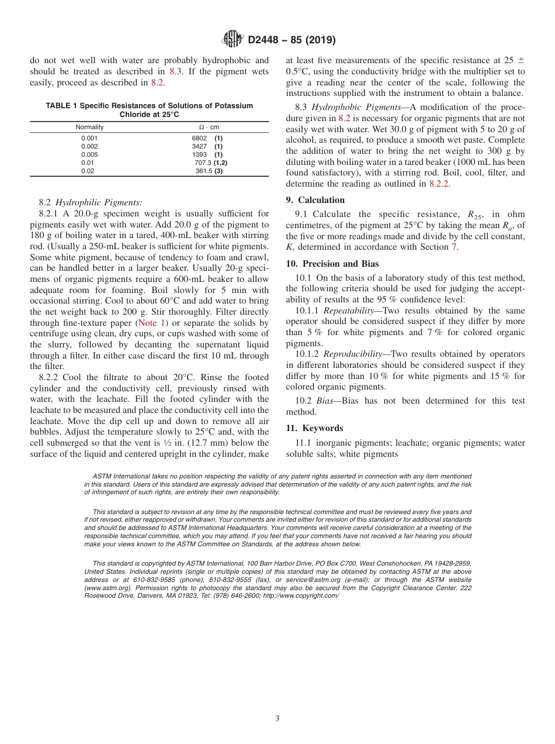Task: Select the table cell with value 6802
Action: [x=199, y=138]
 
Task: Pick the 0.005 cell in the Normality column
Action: [x=89, y=154]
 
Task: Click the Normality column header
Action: [x=89, y=127]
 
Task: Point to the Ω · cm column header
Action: [x=209, y=127]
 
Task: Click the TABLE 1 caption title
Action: [x=149, y=110]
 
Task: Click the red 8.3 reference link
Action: [x=175, y=71]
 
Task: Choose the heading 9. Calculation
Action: [x=315, y=200]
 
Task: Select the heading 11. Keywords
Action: [x=314, y=428]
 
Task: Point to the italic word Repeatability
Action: [x=348, y=311]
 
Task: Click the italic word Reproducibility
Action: [x=352, y=354]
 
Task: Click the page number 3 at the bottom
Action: [x=277, y=719]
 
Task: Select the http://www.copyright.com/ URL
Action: [x=300, y=595]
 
